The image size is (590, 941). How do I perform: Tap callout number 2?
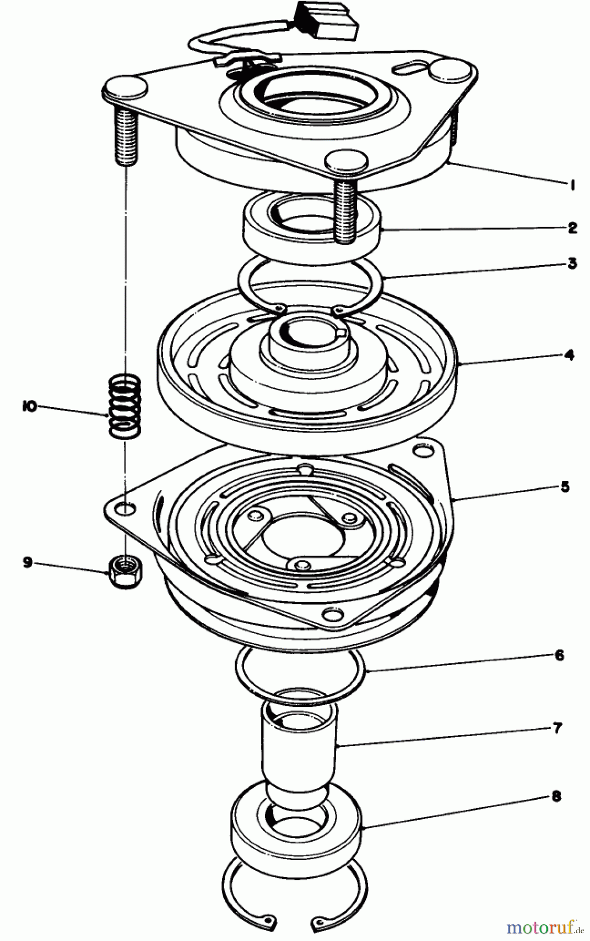click(572, 228)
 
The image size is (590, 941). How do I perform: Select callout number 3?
click(572, 263)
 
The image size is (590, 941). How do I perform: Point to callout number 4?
click(569, 355)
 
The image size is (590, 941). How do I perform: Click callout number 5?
click(564, 487)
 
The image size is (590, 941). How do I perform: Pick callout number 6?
click(560, 656)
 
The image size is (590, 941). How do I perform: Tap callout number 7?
click(558, 727)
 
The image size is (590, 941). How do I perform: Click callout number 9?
click(28, 562)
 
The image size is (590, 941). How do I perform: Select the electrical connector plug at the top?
click(328, 21)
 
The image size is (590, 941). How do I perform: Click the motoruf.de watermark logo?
click(543, 927)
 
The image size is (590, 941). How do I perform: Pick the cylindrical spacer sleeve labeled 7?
click(299, 742)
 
